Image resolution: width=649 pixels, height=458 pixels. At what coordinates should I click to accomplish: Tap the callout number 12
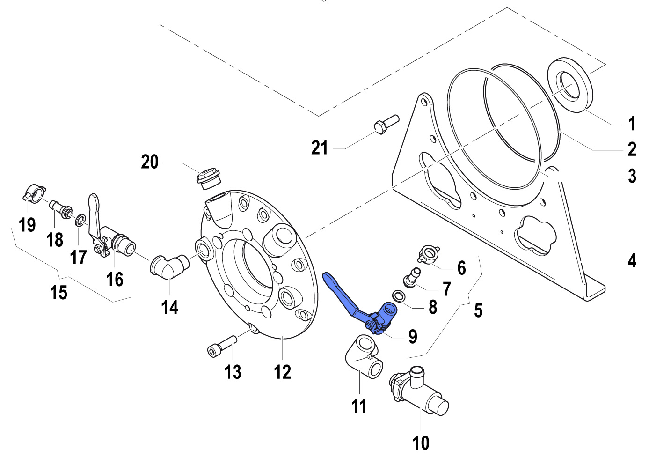282,372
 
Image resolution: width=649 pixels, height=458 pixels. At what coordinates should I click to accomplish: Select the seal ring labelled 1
570,83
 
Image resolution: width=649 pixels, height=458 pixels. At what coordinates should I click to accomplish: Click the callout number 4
632,260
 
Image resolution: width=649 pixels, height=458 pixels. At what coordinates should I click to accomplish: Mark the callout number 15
58,293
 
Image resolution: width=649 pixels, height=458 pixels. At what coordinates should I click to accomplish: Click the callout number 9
412,336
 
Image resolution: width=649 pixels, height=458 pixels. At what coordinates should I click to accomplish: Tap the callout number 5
478,310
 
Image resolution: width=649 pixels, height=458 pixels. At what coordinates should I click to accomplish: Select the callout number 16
115,279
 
